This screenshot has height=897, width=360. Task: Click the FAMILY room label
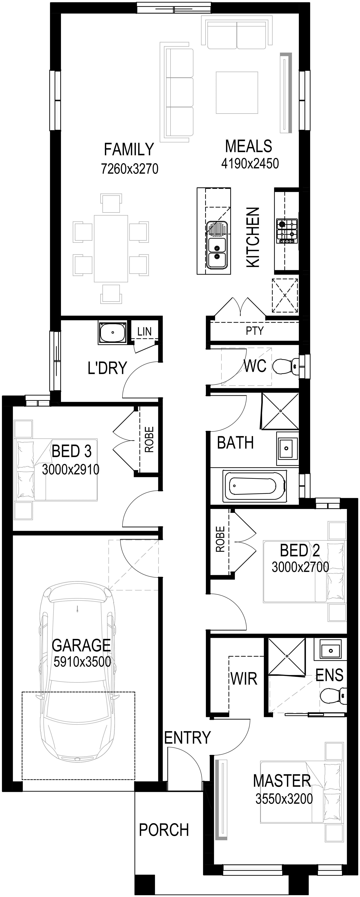tap(129, 149)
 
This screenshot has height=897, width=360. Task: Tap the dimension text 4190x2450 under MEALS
tap(250, 163)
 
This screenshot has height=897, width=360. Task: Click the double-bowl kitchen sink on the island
tap(217, 245)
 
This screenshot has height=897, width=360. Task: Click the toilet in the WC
tap(285, 366)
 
